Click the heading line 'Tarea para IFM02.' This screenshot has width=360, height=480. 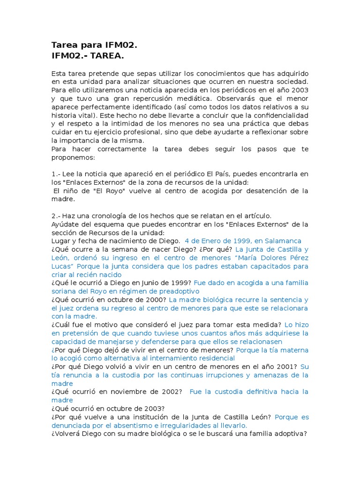[x=94, y=45]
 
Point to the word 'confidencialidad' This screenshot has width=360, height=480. [x=277, y=115]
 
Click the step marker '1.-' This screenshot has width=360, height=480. [x=57, y=174]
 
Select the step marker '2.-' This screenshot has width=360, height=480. [x=57, y=216]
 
